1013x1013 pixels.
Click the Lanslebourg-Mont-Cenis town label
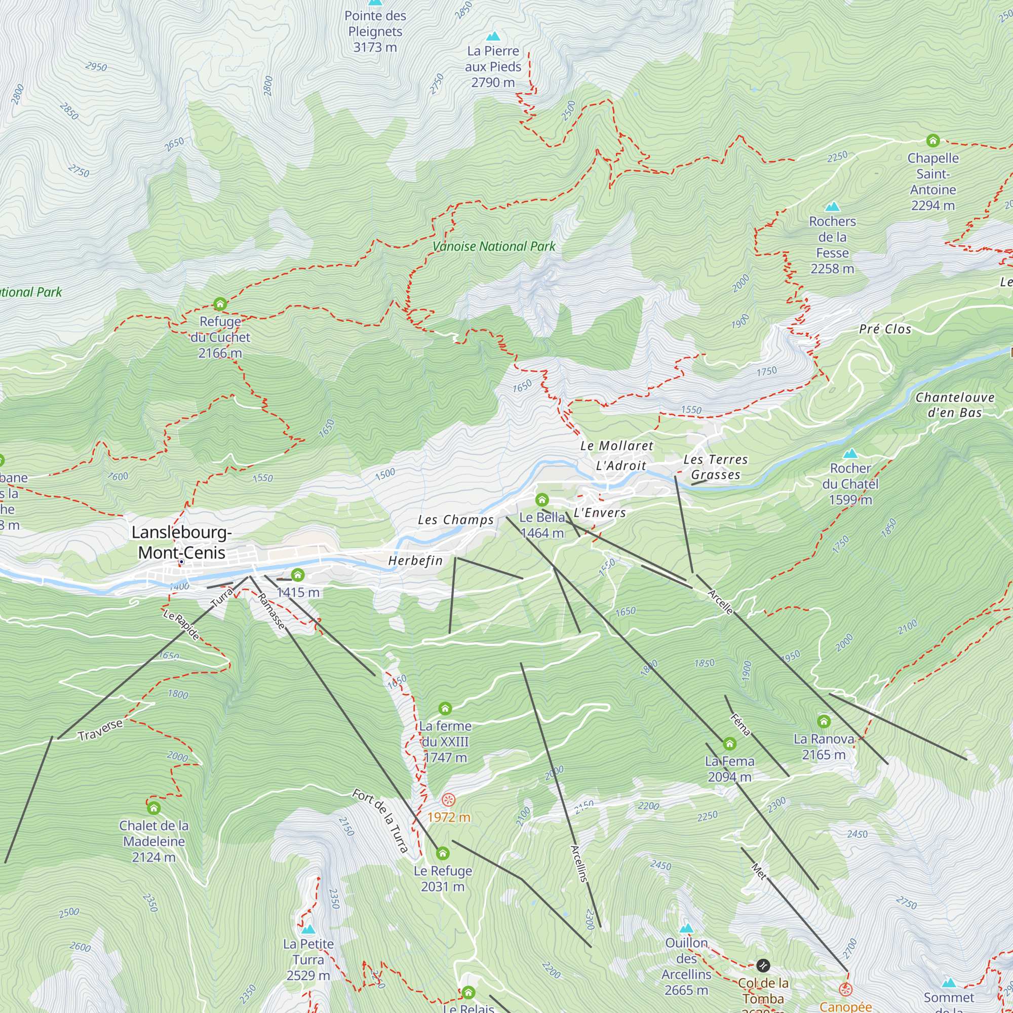pos(181,542)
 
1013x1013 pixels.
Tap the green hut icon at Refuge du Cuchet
pos(220,303)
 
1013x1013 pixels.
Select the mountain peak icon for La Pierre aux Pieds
pos(493,36)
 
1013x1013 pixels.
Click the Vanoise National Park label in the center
pos(493,247)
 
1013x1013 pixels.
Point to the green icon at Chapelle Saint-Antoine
pos(933,140)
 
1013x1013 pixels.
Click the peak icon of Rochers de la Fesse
pos(832,206)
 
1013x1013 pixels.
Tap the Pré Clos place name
pos(885,329)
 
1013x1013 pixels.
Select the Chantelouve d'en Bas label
pos(955,405)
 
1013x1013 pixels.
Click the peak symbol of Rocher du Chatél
pos(850,453)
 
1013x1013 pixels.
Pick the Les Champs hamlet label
pos(456,520)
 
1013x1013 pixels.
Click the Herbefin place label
pos(415,561)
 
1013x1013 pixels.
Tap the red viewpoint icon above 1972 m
pos(448,800)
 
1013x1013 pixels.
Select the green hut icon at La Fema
pos(729,744)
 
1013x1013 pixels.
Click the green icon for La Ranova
pos(824,721)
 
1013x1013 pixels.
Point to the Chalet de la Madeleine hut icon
pos(153,808)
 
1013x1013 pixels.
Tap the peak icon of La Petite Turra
pos(308,929)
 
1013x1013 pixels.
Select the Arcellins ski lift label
pos(579,863)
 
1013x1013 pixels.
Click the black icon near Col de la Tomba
pos(763,965)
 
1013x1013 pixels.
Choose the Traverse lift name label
pos(100,730)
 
